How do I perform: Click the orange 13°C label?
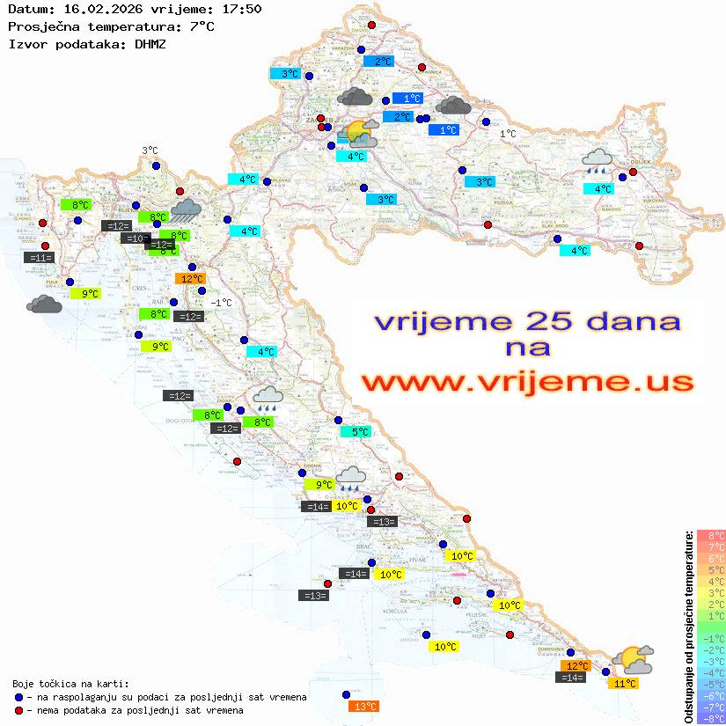pyautogui.click(x=364, y=706)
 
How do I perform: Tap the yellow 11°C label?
pyautogui.click(x=626, y=683)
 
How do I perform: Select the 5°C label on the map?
pyautogui.click(x=356, y=432)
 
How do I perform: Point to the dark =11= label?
pyautogui.click(x=40, y=258)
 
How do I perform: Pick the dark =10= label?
pyautogui.click(x=136, y=238)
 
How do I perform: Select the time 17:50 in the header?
pyautogui.click(x=242, y=10)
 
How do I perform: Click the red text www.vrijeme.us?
pyautogui.click(x=526, y=382)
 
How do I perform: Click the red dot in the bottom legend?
pyautogui.click(x=18, y=710)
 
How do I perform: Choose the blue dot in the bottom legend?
pyautogui.click(x=18, y=697)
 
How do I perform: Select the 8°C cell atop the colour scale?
pyautogui.click(x=710, y=535)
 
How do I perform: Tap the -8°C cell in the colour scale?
pyautogui.click(x=710, y=719)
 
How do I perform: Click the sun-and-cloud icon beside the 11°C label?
pyautogui.click(x=634, y=659)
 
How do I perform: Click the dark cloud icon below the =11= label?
pyautogui.click(x=44, y=304)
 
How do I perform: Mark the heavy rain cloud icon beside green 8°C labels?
pyautogui.click(x=186, y=209)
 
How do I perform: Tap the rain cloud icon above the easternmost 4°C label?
pyautogui.click(x=598, y=159)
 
